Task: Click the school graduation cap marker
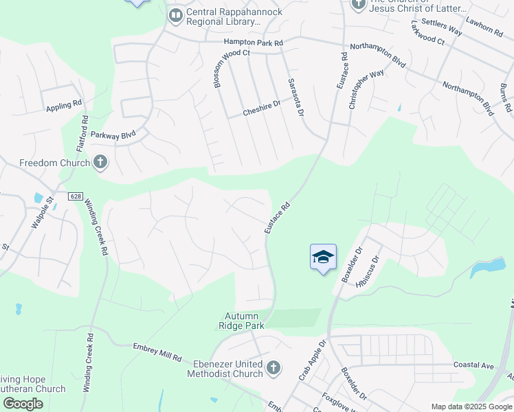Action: tap(323, 257)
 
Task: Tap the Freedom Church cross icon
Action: tap(100, 163)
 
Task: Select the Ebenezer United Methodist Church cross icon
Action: tap(273, 368)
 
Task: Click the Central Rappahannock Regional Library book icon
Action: tap(176, 14)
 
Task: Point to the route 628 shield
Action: tap(76, 196)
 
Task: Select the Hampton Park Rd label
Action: tap(253, 43)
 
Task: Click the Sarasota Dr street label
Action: tap(295, 97)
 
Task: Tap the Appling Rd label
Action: tap(64, 105)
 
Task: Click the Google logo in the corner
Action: tap(23, 404)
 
